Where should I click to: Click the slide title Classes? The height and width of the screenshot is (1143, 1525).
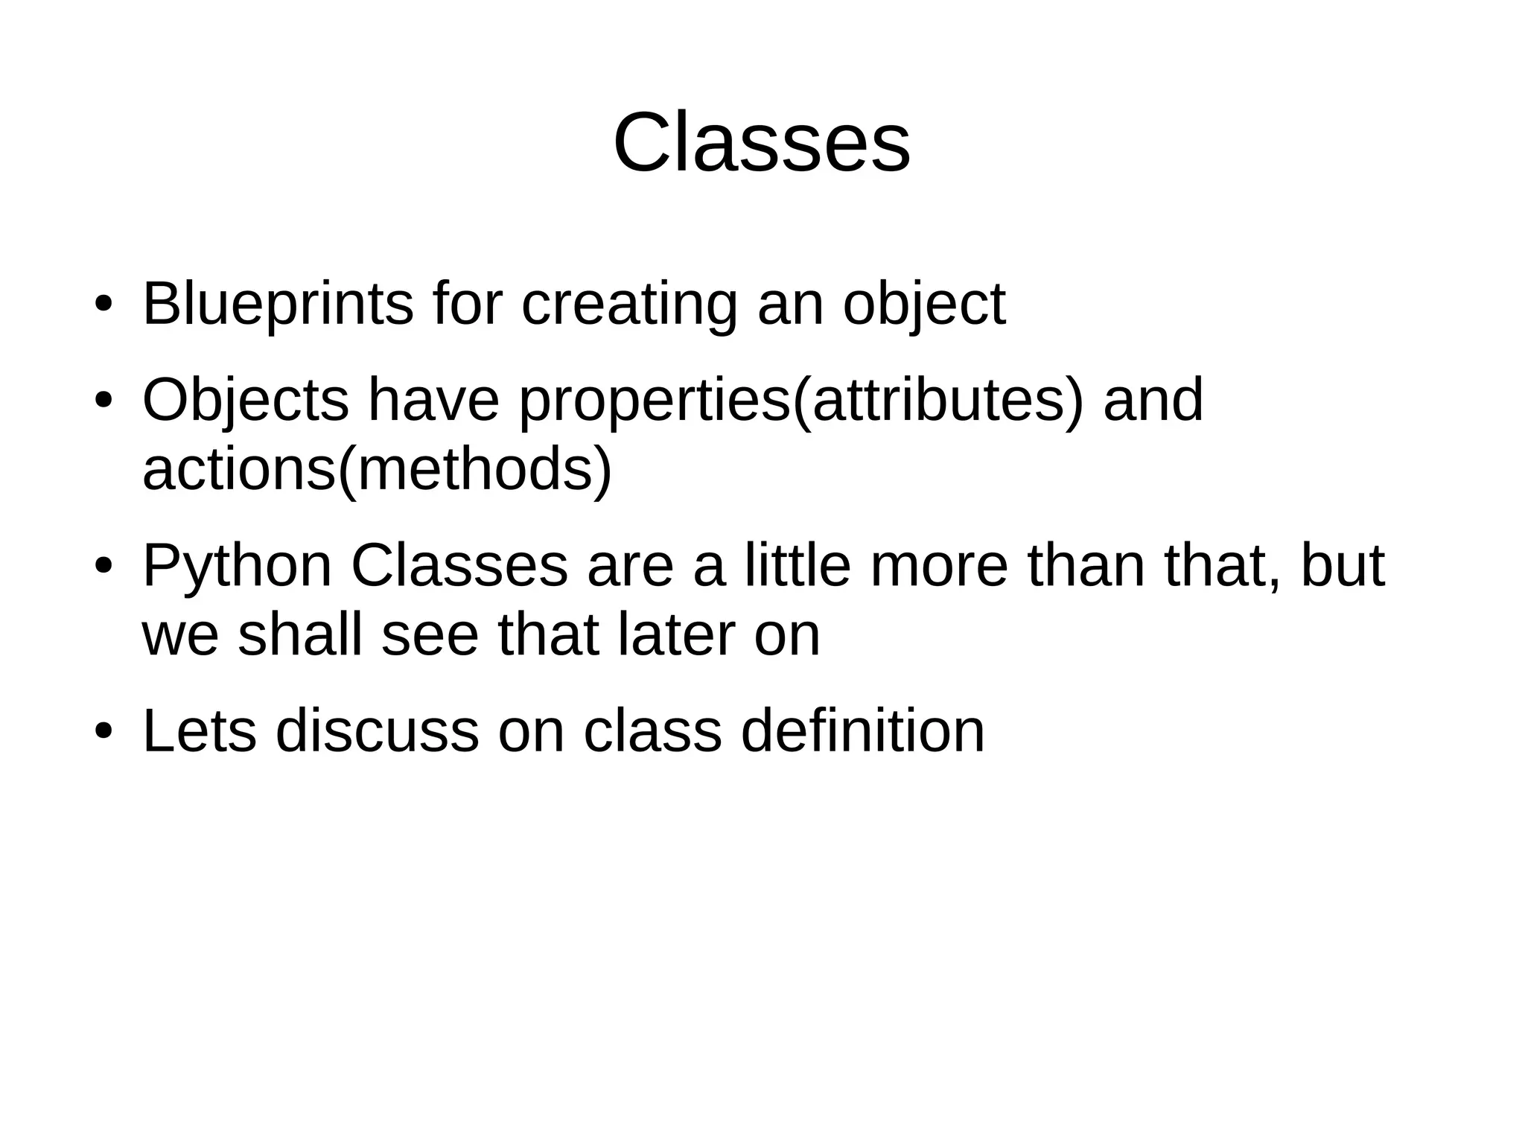point(761,143)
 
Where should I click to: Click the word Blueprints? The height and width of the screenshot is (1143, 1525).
point(277,304)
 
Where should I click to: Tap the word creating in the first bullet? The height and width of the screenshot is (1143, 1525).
point(628,304)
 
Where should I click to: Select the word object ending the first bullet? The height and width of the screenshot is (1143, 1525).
point(923,304)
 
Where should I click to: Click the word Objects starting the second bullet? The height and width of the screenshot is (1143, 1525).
point(245,400)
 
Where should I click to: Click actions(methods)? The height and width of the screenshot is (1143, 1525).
point(377,469)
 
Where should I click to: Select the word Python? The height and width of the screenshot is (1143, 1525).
point(237,566)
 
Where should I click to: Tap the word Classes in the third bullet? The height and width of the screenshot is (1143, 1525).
point(459,566)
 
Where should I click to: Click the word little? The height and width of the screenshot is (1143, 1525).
point(797,566)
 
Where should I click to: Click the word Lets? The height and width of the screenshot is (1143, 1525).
point(199,731)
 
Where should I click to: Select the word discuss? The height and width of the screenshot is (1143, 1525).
point(377,731)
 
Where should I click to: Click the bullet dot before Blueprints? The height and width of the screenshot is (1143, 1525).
point(103,305)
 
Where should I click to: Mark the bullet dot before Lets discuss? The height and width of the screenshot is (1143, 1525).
point(103,733)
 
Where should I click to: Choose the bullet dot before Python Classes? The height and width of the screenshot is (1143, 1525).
point(103,567)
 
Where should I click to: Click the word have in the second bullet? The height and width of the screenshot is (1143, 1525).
point(433,400)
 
